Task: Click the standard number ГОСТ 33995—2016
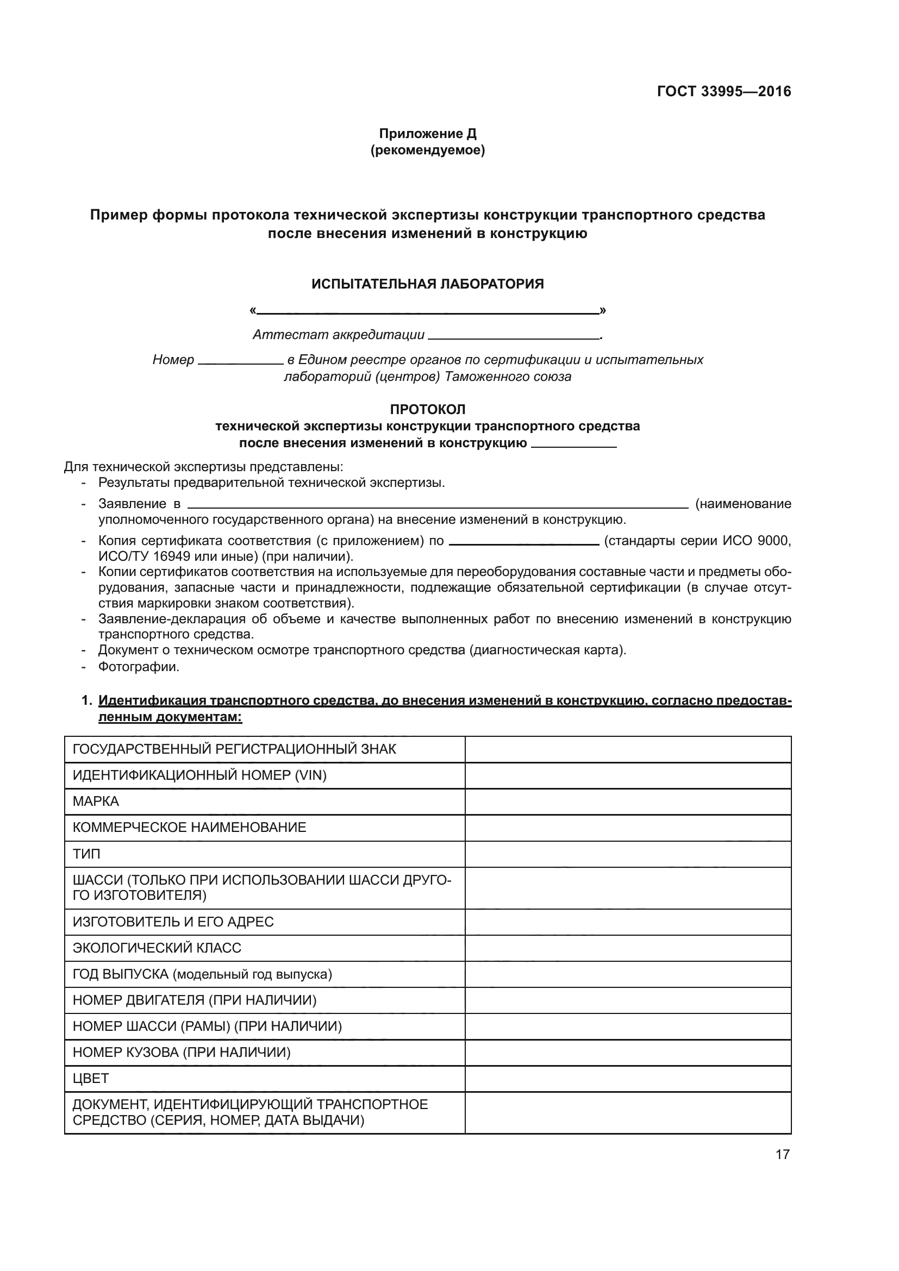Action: coord(723,91)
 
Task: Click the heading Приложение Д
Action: coord(427,134)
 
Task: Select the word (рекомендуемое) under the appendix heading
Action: coord(427,150)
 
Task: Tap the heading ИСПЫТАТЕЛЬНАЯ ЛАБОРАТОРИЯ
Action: coord(427,284)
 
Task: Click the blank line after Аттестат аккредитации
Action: coord(514,336)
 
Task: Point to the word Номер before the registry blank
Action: coord(173,360)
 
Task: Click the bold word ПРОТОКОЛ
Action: coord(427,410)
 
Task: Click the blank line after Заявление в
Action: coord(438,506)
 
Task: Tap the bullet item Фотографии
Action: coord(139,667)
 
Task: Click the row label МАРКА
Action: coord(96,802)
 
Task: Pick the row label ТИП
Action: coord(86,854)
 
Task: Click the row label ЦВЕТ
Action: coord(91,1078)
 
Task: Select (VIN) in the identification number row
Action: coord(310,775)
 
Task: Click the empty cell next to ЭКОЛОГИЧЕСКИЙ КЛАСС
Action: coord(628,948)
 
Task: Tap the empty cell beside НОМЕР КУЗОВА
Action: coord(628,1053)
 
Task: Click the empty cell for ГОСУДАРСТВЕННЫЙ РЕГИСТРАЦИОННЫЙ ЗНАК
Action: coord(628,749)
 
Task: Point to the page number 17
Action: coord(782,1155)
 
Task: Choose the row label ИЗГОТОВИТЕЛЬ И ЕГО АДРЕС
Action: coord(173,922)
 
